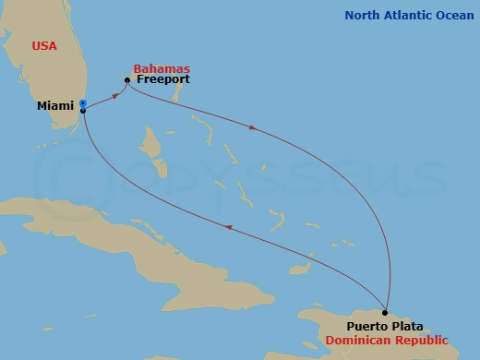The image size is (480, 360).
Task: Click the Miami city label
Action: (54, 106)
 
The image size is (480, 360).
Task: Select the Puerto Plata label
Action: (386, 327)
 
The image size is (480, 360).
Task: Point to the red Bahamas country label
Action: (162, 68)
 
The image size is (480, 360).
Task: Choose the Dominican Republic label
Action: (387, 341)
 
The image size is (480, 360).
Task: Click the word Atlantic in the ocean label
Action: (404, 16)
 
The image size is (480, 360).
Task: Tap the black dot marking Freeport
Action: (127, 80)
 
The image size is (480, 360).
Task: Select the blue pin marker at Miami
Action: (82, 103)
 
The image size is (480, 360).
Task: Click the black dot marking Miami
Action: (83, 111)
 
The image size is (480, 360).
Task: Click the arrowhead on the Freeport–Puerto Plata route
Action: (254, 130)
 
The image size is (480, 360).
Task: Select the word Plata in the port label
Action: (407, 327)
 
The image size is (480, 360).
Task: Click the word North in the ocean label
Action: (362, 16)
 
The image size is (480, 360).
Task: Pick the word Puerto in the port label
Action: (367, 327)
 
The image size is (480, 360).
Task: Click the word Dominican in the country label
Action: (356, 341)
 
